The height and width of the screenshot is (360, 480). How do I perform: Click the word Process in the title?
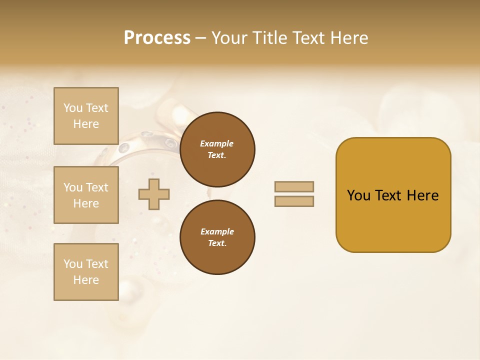tap(157, 38)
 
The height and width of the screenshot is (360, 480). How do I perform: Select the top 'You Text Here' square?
tap(86, 116)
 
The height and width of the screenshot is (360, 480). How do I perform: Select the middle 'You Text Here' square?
tap(86, 195)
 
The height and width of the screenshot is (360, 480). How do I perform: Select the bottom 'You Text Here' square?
tap(86, 272)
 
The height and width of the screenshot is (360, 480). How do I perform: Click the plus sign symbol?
tap(154, 194)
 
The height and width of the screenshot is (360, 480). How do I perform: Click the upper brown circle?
tap(217, 149)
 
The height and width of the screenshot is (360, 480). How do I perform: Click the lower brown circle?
tap(217, 237)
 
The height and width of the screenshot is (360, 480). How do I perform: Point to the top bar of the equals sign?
tap(294, 187)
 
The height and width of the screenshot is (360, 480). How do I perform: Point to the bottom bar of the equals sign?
tap(294, 201)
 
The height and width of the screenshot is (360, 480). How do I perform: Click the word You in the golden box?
tap(358, 195)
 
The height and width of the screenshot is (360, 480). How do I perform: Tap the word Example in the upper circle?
tap(217, 143)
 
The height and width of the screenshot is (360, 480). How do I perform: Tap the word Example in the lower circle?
tap(217, 231)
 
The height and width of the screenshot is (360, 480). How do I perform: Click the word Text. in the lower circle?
tap(217, 243)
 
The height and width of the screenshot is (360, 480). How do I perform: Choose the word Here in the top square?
tap(86, 124)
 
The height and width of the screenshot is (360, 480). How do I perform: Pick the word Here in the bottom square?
tap(86, 280)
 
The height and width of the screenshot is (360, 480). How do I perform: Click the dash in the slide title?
tap(200, 38)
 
